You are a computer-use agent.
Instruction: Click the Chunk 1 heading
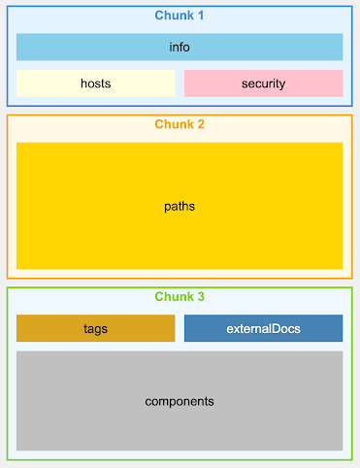click(x=180, y=16)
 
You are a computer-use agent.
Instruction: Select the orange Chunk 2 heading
click(x=180, y=124)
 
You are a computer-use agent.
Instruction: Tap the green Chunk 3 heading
click(x=180, y=296)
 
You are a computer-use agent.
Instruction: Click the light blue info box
click(x=180, y=47)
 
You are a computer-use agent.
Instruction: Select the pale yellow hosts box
click(x=95, y=84)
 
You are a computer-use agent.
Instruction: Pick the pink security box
click(x=263, y=84)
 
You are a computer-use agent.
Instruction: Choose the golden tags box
click(x=95, y=328)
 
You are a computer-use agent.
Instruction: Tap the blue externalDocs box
click(x=263, y=328)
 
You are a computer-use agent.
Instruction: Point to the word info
click(x=180, y=47)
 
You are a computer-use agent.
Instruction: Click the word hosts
click(x=95, y=84)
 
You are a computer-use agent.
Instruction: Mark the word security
click(x=263, y=84)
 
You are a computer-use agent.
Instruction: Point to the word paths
click(x=180, y=206)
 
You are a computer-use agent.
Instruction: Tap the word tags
click(x=95, y=328)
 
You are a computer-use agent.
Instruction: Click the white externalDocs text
click(x=263, y=328)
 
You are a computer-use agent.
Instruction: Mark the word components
click(x=180, y=401)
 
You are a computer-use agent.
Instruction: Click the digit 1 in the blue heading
click(x=201, y=16)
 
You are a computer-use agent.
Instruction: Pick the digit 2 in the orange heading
click(x=201, y=124)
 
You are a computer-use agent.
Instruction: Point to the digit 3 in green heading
click(x=201, y=296)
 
